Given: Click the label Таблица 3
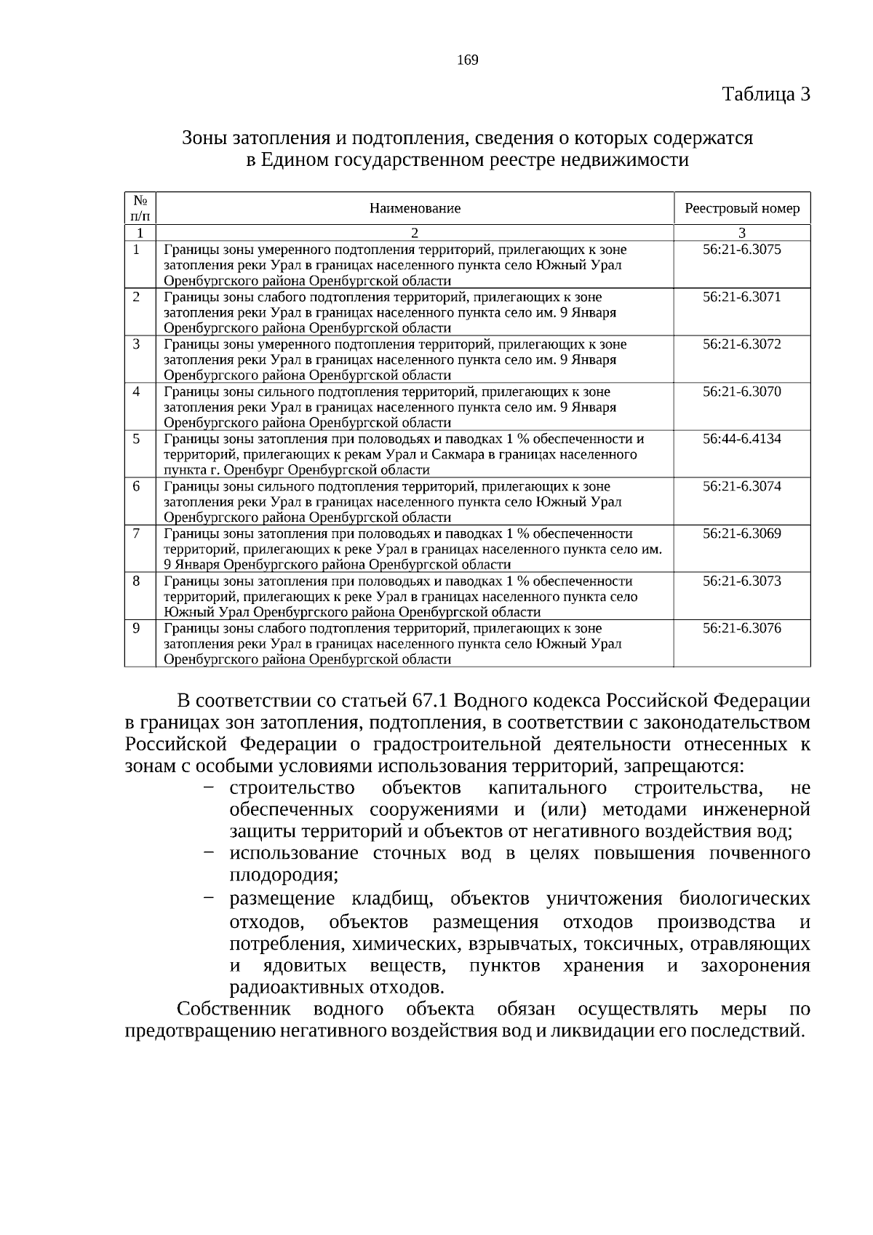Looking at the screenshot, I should pos(765,95).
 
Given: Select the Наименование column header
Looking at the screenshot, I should pos(415,209).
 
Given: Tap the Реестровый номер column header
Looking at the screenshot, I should pos(742,209).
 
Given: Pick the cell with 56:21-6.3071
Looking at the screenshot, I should pos(741,297).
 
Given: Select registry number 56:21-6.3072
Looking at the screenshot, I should pos(741,344).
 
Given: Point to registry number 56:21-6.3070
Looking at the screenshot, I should pos(741,392).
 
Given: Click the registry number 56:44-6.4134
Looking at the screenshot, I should pos(741,439).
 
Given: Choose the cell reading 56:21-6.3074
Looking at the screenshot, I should pos(741,486).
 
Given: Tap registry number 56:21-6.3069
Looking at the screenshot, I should pos(741,533).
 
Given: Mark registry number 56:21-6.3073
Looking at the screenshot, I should pos(741,581).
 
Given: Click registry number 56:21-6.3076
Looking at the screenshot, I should pos(741,628).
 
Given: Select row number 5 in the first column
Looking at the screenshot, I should pos(136,439).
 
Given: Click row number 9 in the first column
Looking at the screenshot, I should pos(136,628).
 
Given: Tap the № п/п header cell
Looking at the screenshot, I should pos(140,208).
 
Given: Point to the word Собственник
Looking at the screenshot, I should pos(234,1009).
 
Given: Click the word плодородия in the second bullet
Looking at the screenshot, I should pos(284,875).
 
